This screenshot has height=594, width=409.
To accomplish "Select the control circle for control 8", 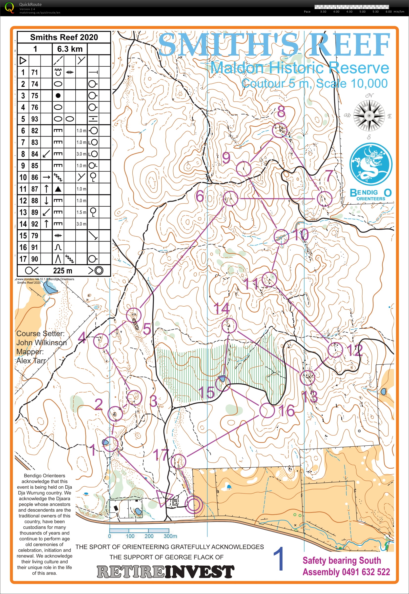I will (x=279, y=130).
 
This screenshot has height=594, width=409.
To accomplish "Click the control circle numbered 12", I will (x=335, y=350).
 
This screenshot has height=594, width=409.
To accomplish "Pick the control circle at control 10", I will (x=281, y=237).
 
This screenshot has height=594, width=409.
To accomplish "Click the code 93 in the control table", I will (x=35, y=119).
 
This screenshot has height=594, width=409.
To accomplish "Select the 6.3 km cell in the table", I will (x=70, y=49).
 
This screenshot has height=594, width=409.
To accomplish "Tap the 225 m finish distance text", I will (x=62, y=271).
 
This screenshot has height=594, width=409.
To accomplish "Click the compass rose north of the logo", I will (x=369, y=116).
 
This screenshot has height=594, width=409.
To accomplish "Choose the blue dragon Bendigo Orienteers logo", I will (x=371, y=164).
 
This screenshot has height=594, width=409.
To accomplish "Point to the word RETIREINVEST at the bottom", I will (x=165, y=572).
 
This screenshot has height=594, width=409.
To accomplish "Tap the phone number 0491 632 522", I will (x=366, y=572).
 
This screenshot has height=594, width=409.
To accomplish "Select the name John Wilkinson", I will (x=41, y=342).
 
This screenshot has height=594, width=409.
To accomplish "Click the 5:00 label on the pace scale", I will (x=362, y=12).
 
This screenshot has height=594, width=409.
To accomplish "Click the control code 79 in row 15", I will (x=35, y=236).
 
